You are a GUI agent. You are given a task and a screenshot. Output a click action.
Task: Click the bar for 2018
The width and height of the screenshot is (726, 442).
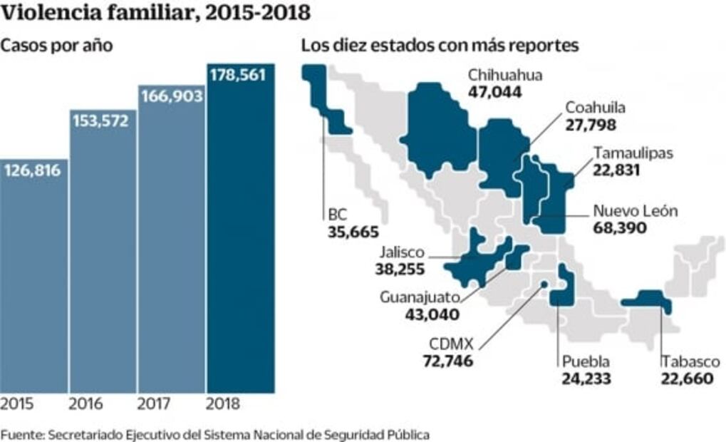pyautogui.click(x=240, y=235)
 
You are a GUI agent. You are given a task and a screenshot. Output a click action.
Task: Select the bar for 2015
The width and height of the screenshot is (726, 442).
pyautogui.click(x=34, y=285)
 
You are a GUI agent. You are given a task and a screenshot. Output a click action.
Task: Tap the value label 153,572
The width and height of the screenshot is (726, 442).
pyautogui.click(x=100, y=120)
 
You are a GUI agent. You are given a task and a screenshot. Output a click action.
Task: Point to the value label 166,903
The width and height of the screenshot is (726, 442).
pyautogui.click(x=172, y=96)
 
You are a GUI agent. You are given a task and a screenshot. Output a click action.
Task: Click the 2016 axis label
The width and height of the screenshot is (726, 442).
pyautogui.click(x=85, y=405)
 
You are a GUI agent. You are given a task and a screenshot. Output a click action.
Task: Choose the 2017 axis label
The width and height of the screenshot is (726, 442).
pyautogui.click(x=155, y=405)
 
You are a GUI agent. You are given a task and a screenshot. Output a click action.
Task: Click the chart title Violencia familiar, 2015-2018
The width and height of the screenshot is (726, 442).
pyautogui.click(x=155, y=13)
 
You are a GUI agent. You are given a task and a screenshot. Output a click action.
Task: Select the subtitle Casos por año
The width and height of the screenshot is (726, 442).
pyautogui.click(x=57, y=46)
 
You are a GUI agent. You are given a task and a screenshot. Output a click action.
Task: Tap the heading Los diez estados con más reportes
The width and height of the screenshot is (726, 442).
pyautogui.click(x=440, y=46)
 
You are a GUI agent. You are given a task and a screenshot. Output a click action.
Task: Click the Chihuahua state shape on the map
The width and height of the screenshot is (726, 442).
pyautogui.click(x=436, y=128)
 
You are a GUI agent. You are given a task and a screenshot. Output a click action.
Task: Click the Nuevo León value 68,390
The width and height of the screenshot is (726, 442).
pyautogui.click(x=619, y=228)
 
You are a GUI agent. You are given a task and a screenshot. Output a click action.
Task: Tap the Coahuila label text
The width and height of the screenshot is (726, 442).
pyautogui.click(x=595, y=108)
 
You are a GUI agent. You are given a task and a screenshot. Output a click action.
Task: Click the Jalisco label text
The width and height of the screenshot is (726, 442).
pyautogui.click(x=402, y=252)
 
